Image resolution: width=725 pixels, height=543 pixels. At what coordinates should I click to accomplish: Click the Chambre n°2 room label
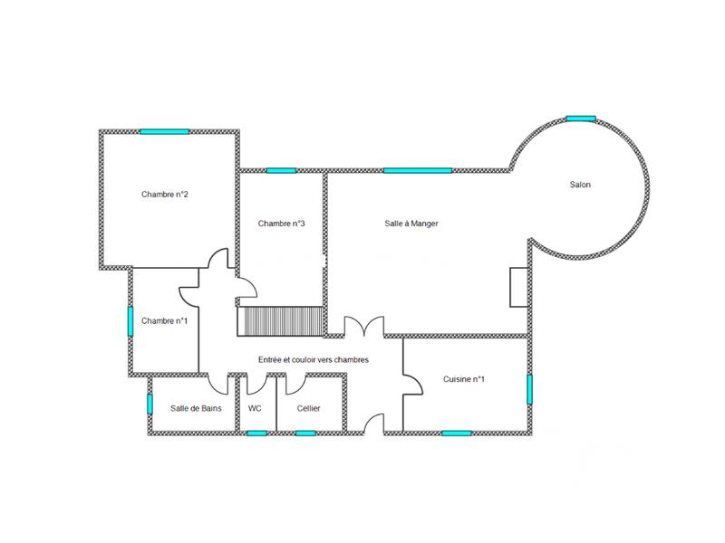pyautogui.click(x=164, y=195)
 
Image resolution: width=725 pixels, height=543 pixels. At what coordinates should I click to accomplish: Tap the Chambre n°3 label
pyautogui.click(x=281, y=224)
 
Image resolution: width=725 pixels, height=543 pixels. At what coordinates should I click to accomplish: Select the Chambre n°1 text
pyautogui.click(x=164, y=320)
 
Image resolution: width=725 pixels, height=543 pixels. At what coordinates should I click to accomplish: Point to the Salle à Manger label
pyautogui.click(x=411, y=224)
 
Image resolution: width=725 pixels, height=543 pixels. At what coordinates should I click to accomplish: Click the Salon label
pyautogui.click(x=580, y=185)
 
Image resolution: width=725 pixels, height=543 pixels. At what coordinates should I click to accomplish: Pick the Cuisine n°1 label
pyautogui.click(x=464, y=379)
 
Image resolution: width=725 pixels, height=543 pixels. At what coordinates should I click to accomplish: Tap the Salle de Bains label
pyautogui.click(x=196, y=408)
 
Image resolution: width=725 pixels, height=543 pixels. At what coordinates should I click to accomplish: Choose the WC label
pyautogui.click(x=255, y=408)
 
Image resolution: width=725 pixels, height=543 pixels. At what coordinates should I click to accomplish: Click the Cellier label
pyautogui.click(x=309, y=408)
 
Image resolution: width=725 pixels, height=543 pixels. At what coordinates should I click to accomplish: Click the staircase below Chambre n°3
pyautogui.click(x=281, y=320)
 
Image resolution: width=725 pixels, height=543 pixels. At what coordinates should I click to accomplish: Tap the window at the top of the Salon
pyautogui.click(x=580, y=118)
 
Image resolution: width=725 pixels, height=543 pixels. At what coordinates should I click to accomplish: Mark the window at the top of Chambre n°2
pyautogui.click(x=164, y=132)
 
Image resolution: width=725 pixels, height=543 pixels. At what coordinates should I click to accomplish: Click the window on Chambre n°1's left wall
pyautogui.click(x=130, y=321)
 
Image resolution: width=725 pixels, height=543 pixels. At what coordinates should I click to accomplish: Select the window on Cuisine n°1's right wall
pyautogui.click(x=530, y=389)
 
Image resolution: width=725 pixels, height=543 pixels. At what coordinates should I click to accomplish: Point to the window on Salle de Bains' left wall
pyautogui.click(x=150, y=403)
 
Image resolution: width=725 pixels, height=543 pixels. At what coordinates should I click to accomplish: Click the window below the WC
pyautogui.click(x=256, y=433)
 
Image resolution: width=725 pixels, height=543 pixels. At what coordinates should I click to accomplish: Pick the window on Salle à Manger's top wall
pyautogui.click(x=417, y=170)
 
